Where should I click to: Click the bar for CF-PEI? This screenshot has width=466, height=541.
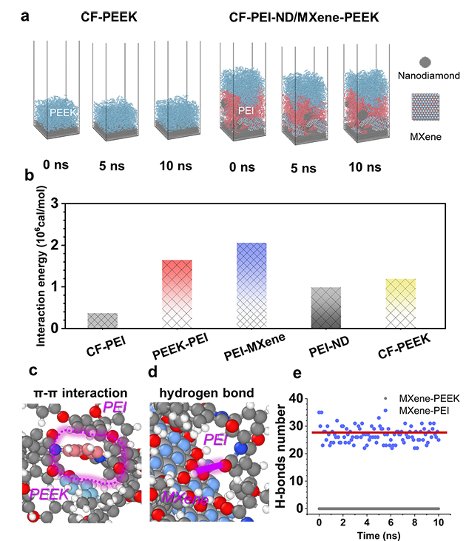pos(102,320)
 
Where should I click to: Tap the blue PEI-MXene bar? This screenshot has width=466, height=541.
pos(251,285)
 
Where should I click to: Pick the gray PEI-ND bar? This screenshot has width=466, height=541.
pos(325,307)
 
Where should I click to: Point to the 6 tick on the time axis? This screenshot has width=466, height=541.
pos(391,522)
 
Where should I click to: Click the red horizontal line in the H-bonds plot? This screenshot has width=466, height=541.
pos(377,432)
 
